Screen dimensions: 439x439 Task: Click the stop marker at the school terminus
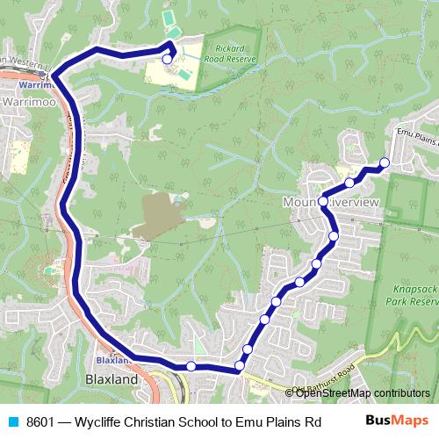click(x=167, y=59)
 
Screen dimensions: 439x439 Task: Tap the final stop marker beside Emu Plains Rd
click(x=384, y=162)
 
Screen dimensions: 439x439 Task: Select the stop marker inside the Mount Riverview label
click(x=323, y=202)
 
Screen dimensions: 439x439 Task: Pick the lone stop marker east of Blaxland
click(x=191, y=366)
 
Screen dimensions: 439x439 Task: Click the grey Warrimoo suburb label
click(x=29, y=103)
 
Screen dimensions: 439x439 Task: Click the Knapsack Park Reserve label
click(x=412, y=293)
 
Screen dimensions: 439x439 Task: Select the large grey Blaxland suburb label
click(x=112, y=380)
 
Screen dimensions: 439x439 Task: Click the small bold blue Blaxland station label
click(x=112, y=360)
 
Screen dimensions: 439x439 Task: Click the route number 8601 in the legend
click(x=41, y=421)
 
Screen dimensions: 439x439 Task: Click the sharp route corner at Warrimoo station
click(x=53, y=76)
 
